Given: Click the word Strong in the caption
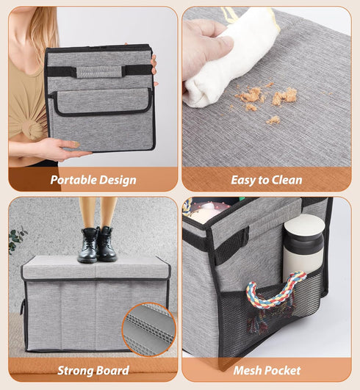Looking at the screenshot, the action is pos(75,371).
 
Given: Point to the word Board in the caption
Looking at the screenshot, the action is pos(112,370).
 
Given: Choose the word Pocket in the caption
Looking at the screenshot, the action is pos(282,370).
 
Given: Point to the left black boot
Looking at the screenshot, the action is pos(88,245).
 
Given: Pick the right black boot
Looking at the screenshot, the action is pos(107,244).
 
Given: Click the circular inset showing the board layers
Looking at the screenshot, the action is pos(149,329).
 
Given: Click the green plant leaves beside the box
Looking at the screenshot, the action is pos(17,238).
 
